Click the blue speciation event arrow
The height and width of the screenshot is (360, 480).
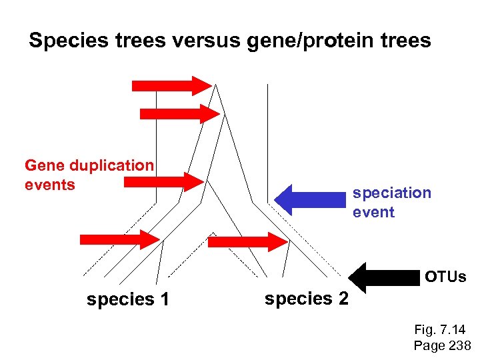(x=310, y=199)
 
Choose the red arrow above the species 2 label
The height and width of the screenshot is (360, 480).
(x=247, y=242)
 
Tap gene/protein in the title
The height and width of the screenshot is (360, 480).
(x=325, y=41)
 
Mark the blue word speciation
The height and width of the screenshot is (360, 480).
(x=392, y=193)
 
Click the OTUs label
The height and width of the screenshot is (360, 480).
(x=445, y=276)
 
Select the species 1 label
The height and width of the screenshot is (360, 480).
(x=128, y=300)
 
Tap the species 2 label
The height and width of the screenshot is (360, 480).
(x=306, y=299)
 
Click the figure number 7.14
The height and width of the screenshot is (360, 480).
(x=452, y=330)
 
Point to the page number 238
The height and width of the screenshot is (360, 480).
(x=457, y=345)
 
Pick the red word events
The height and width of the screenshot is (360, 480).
(x=50, y=184)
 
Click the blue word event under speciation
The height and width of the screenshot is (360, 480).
(x=373, y=212)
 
